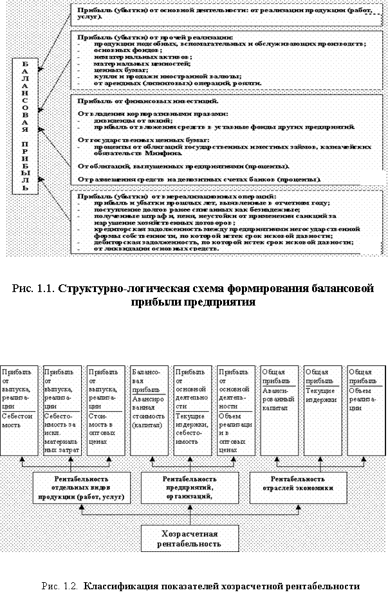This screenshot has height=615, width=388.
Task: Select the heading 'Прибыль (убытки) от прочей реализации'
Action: (154, 38)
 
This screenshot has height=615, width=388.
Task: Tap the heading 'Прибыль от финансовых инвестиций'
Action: (147, 102)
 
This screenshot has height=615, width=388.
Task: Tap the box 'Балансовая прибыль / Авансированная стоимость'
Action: (148, 408)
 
